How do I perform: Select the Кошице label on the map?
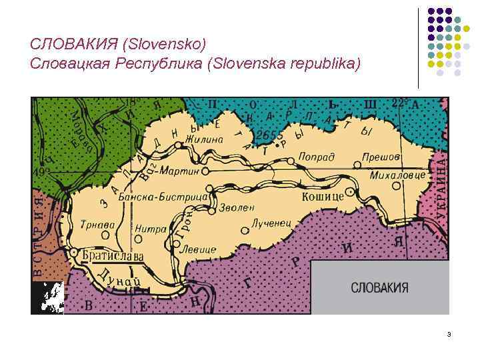(x=323, y=197)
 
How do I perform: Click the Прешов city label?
(x=381, y=157)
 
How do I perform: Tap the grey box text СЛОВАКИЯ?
(x=379, y=288)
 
